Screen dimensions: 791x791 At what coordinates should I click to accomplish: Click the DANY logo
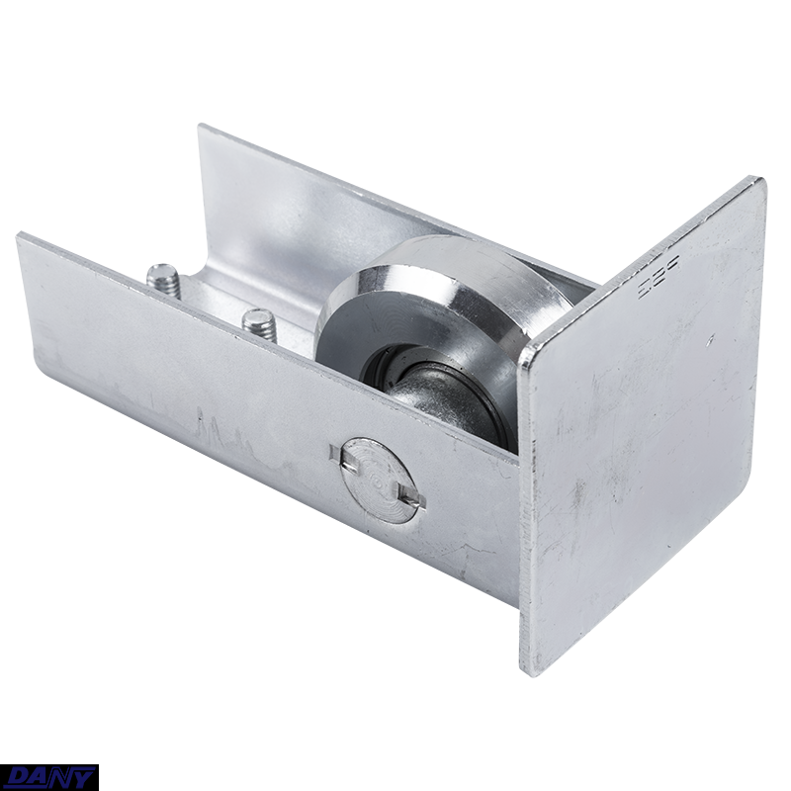tap(49, 777)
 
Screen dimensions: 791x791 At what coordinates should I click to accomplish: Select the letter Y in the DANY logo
tap(82, 778)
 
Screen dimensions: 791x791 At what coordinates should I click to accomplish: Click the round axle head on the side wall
tap(377, 481)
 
